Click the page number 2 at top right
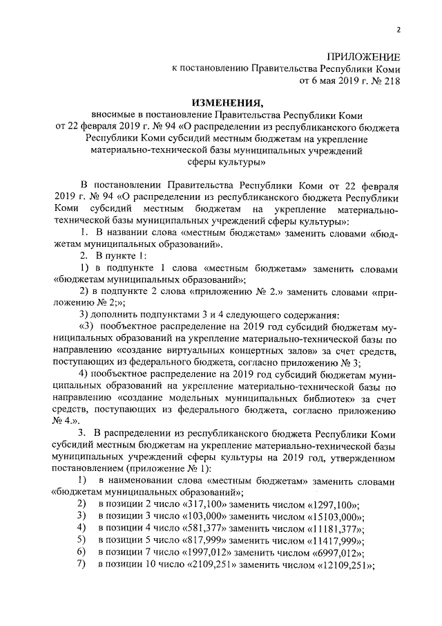click(398, 28)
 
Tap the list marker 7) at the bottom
click(81, 566)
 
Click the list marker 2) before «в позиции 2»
click(81, 504)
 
